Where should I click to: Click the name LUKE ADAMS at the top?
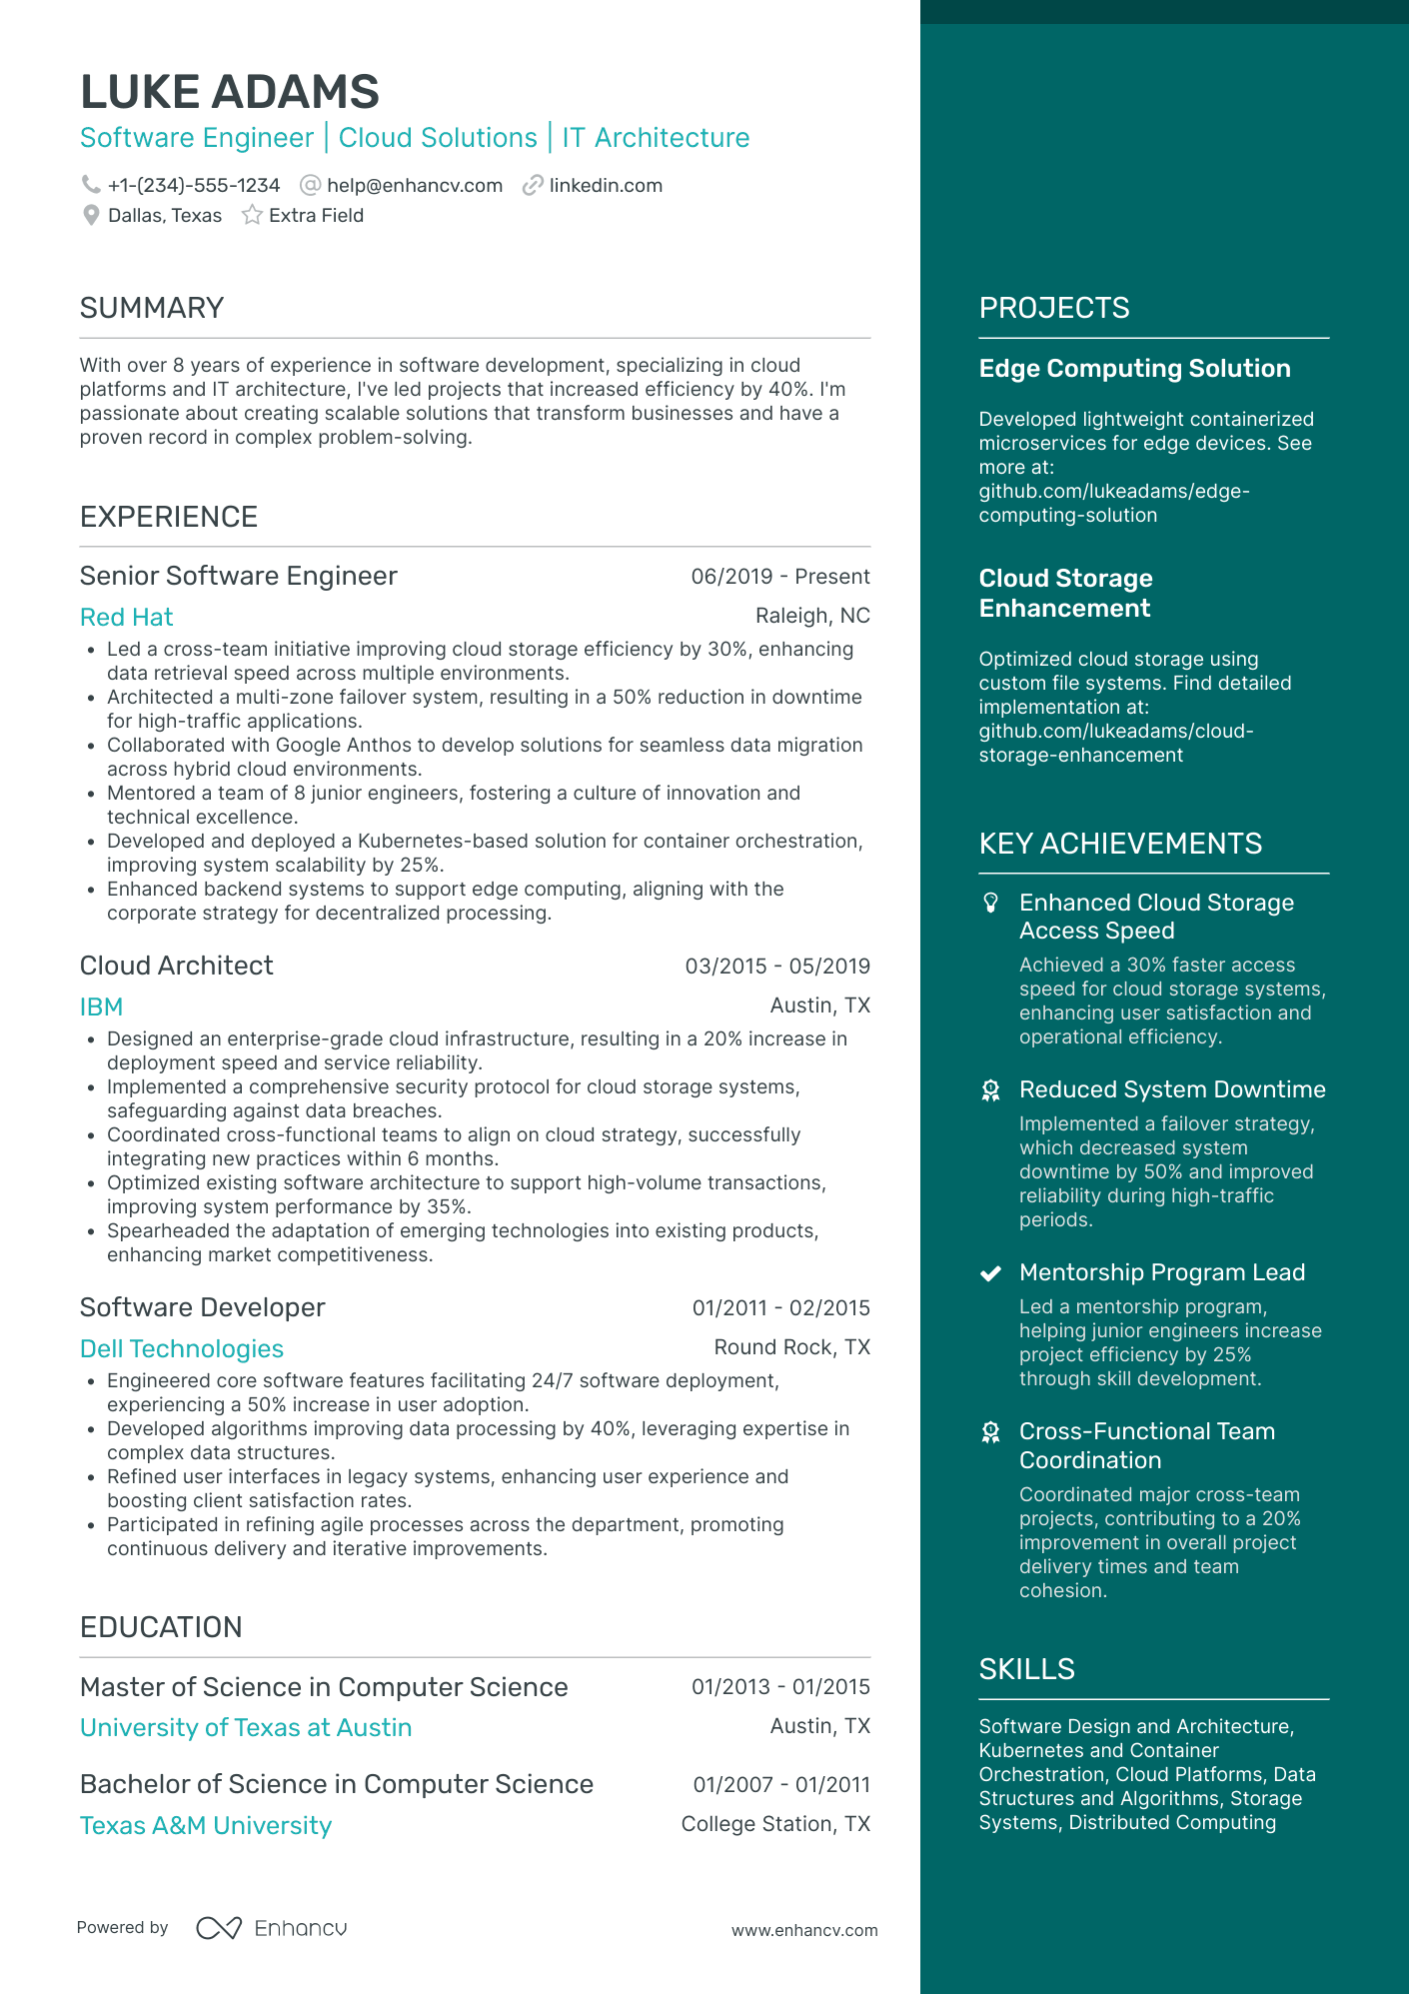pyautogui.click(x=229, y=92)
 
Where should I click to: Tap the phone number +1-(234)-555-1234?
pyautogui.click(x=194, y=186)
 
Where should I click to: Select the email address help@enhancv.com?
pyautogui.click(x=414, y=186)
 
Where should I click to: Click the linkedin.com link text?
pyautogui.click(x=606, y=186)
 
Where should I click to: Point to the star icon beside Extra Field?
pyautogui.click(x=252, y=216)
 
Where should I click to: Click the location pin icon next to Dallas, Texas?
pyautogui.click(x=91, y=216)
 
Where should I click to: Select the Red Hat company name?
pyautogui.click(x=126, y=618)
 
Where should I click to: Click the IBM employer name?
pyautogui.click(x=101, y=1007)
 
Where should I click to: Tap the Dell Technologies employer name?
pyautogui.click(x=181, y=1349)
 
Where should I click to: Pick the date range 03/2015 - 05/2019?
pyautogui.click(x=776, y=967)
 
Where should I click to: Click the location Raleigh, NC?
pyautogui.click(x=811, y=616)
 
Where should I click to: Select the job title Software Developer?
pyautogui.click(x=202, y=1307)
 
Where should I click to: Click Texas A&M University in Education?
pyautogui.click(x=205, y=1826)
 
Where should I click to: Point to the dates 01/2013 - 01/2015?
pyautogui.click(x=779, y=1687)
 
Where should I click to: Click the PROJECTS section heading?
pyautogui.click(x=1053, y=308)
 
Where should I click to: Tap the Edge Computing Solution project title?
pyautogui.click(x=1134, y=369)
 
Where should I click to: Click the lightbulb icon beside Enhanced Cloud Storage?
pyautogui.click(x=990, y=904)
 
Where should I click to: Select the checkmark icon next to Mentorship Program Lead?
pyautogui.click(x=990, y=1273)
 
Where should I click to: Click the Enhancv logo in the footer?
pyautogui.click(x=272, y=1928)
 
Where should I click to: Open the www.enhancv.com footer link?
pyautogui.click(x=803, y=1931)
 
